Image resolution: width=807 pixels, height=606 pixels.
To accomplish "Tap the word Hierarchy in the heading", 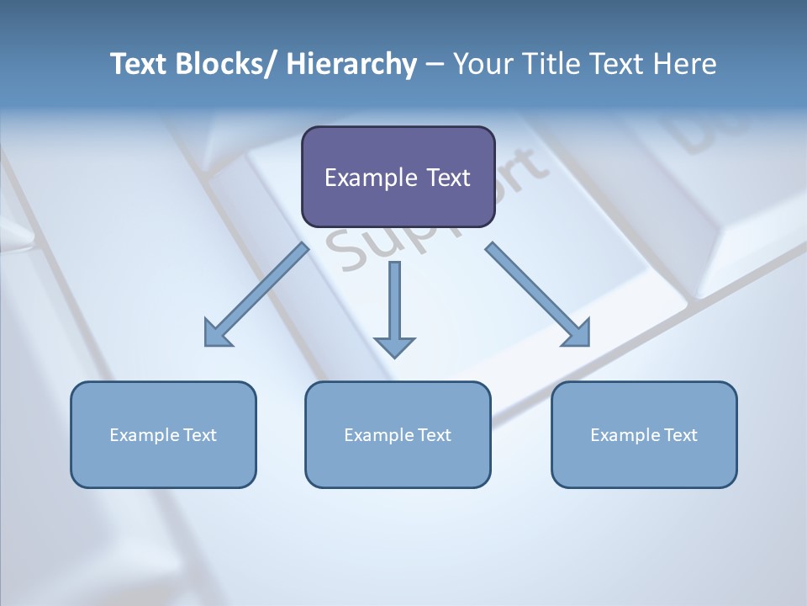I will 351,65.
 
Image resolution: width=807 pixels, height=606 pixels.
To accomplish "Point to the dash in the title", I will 435,65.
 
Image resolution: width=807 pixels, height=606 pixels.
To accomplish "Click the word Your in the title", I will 481,64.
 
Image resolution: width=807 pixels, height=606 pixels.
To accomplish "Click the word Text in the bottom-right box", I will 681,435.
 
